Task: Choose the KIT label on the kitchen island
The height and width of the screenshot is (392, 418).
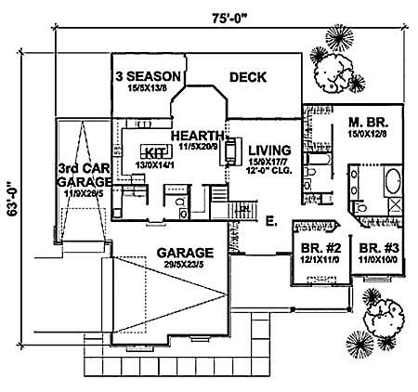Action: pos(152,150)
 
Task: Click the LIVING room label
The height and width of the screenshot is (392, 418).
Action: pos(268,150)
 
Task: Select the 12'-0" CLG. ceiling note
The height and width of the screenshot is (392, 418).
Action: pos(268,172)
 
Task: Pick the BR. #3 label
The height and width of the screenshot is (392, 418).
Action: pos(381,248)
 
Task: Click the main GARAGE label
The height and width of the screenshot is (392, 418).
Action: pos(185,252)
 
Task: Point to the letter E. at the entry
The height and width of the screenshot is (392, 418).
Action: pos(271,223)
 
